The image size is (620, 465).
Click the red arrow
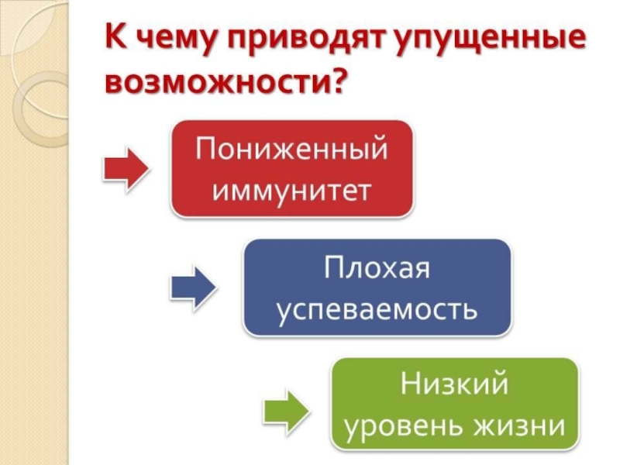coord(126,169)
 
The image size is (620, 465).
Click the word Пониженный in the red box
coord(291,149)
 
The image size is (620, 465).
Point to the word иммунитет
coord(291,188)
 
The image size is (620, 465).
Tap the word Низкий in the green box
coord(454,385)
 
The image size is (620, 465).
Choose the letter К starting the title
coord(115,37)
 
